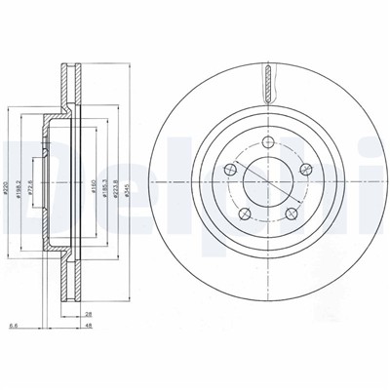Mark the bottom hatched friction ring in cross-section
(69, 283)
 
